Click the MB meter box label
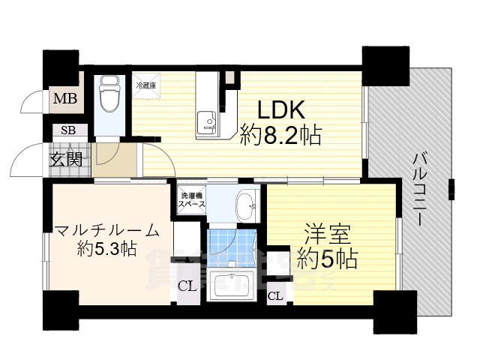(63, 98)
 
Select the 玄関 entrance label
(67, 158)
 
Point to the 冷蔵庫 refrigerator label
(145, 85)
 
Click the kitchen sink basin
(206, 121)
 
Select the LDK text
(281, 110)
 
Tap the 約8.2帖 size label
(281, 136)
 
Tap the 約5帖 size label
(325, 259)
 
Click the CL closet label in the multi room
(187, 285)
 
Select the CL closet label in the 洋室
(275, 296)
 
